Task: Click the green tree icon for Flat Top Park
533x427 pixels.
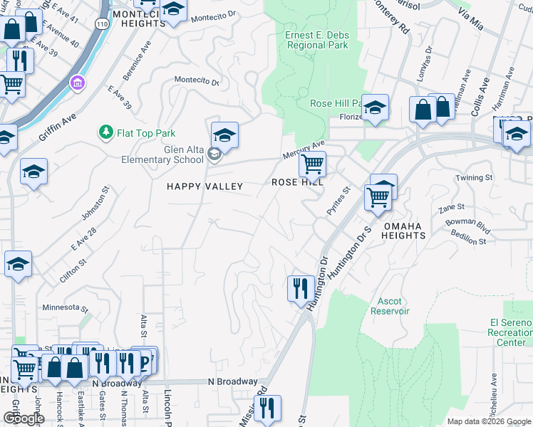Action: tap(105, 132)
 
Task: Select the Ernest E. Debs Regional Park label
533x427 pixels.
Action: tap(316, 40)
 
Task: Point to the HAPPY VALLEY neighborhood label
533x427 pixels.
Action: tap(205, 186)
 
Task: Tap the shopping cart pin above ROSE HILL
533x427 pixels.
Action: tap(312, 164)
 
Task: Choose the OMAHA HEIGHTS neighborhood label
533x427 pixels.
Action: tap(413, 231)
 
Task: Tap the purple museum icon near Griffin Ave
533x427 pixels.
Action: tap(77, 84)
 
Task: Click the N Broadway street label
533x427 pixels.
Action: tap(232, 382)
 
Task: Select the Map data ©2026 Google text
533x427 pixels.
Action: tap(488, 421)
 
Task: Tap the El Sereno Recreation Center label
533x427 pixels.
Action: tap(511, 332)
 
